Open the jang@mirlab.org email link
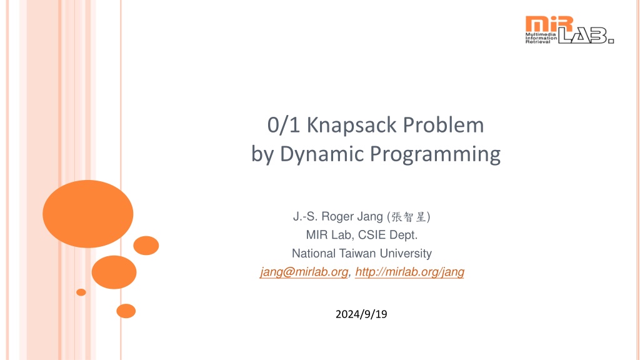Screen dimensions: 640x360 304,272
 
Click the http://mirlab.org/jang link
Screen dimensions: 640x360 409,272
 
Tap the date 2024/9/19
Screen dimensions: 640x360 361,314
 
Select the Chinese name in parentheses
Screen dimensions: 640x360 409,217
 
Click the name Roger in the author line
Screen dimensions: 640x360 337,217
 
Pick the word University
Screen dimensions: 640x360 406,254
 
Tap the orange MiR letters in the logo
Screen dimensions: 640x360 549,23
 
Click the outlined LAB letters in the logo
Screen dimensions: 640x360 586,36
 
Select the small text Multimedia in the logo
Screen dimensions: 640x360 541,34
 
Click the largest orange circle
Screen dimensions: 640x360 87,214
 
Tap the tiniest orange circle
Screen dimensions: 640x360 81,292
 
